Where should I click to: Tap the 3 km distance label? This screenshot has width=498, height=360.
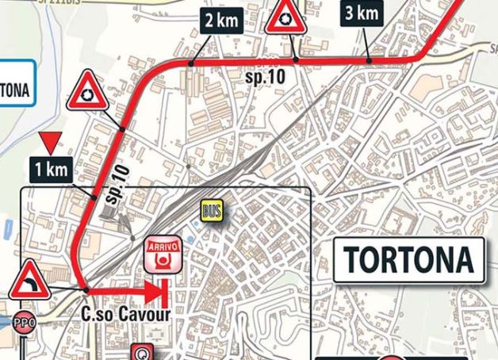361,13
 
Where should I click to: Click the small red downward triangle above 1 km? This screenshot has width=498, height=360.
52,144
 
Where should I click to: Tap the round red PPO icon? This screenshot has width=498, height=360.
24,323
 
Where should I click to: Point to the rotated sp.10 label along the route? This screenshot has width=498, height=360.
117,185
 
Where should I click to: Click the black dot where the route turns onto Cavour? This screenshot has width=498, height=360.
85,291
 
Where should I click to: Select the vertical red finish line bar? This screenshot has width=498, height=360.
163,292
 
